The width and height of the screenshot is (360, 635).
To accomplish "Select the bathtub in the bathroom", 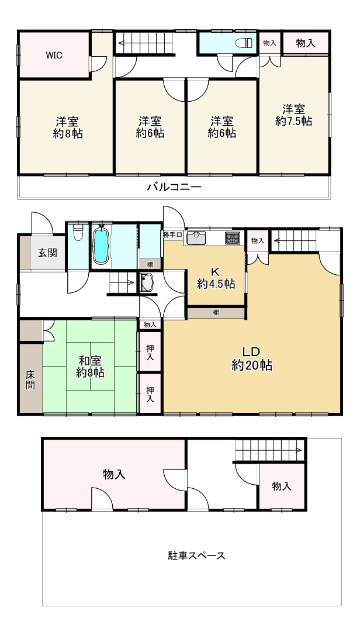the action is (x=101, y=246).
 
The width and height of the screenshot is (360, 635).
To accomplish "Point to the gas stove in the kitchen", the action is (x=233, y=238).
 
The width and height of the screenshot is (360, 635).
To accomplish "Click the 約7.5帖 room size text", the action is (x=293, y=121).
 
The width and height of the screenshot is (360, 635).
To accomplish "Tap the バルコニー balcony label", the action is (x=174, y=187).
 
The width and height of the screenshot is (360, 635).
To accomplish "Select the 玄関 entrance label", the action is (x=48, y=253).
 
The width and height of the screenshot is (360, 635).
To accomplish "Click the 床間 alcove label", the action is (x=30, y=380).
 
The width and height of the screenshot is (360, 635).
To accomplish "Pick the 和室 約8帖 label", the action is (x=90, y=367).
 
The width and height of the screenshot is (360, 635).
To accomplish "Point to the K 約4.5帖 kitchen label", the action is (x=216, y=278).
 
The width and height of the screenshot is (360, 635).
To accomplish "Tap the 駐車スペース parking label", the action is (x=197, y=555).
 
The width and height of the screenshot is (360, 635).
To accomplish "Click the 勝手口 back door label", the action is (x=173, y=234).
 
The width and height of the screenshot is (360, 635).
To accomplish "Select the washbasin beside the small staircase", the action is (x=147, y=282).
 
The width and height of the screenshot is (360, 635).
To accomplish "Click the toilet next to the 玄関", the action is (x=78, y=233).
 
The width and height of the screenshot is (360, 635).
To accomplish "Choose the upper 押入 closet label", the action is (x=150, y=353).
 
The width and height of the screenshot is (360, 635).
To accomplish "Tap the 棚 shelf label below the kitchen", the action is (x=216, y=313).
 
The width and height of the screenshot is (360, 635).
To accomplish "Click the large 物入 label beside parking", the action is (x=114, y=474).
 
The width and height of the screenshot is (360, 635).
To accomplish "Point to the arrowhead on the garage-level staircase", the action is (x=299, y=450).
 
